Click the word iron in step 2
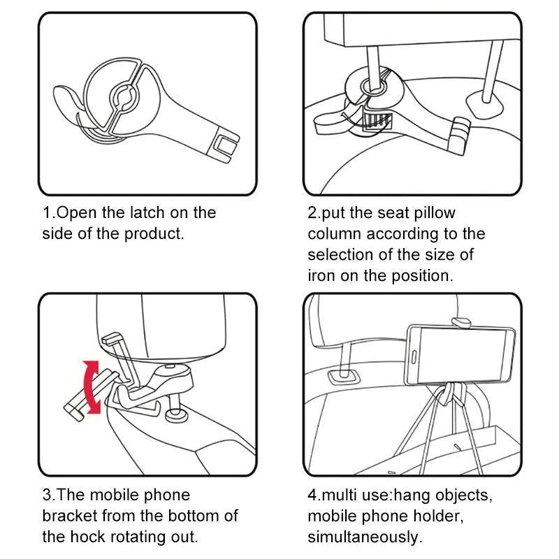[321, 275]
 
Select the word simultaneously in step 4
[365, 537]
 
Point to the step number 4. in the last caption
[314, 495]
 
